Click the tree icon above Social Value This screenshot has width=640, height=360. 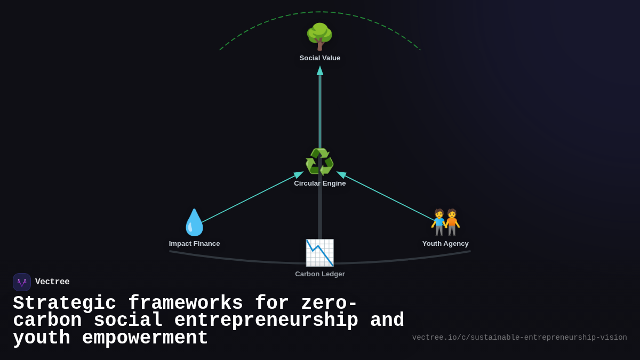(319, 36)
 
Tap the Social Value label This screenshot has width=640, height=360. (320, 58)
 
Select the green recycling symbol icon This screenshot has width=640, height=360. (319, 162)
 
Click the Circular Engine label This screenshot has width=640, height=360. (320, 183)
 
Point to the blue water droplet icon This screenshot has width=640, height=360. (194, 222)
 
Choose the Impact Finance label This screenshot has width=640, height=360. (194, 244)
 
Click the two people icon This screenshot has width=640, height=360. (445, 222)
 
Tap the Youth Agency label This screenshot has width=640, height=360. (445, 244)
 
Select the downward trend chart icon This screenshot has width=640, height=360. (319, 253)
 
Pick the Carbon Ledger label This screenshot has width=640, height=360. (320, 274)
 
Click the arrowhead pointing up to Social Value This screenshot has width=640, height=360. (320, 70)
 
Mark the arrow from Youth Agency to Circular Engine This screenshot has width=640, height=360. (389, 197)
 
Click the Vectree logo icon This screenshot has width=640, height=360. (22, 282)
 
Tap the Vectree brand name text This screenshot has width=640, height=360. (52, 282)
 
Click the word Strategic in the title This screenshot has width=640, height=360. (65, 303)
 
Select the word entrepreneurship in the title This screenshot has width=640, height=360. (266, 321)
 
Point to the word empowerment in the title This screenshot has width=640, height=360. (145, 338)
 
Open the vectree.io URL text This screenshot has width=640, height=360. (519, 338)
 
